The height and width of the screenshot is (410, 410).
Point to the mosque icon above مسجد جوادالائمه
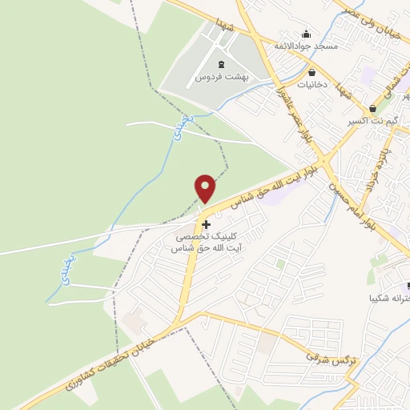pyautogui.click(x=306, y=34)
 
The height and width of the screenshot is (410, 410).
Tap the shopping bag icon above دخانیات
pyautogui.click(x=311, y=72)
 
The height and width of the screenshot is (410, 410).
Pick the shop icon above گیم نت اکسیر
pyautogui.click(x=372, y=109)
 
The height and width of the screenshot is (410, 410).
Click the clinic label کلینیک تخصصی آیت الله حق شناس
pyautogui.click(x=207, y=243)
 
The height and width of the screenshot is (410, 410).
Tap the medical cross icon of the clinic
pyautogui.click(x=207, y=224)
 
